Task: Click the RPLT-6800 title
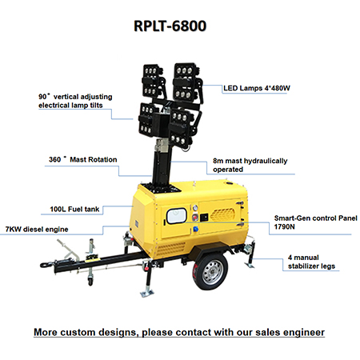pos(170,26)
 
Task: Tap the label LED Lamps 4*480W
pos(257,88)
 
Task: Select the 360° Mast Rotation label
pos(83,159)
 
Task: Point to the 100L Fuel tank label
pos(74,209)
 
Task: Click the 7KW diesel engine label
pos(37,230)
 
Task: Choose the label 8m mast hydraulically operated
pos(250,165)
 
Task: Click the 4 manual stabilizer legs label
pos(311,262)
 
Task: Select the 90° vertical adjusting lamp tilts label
pos(75,101)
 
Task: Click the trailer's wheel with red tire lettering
pos(211,271)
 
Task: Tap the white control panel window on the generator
pos(177,216)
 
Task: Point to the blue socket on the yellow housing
pos(196,229)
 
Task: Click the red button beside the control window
pos(195,218)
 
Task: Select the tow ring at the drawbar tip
pos(44,265)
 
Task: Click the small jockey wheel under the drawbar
pos(90,281)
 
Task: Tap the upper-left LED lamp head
pos(154,81)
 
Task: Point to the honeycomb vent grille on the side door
pos(222,214)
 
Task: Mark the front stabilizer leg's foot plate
pos(147,294)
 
